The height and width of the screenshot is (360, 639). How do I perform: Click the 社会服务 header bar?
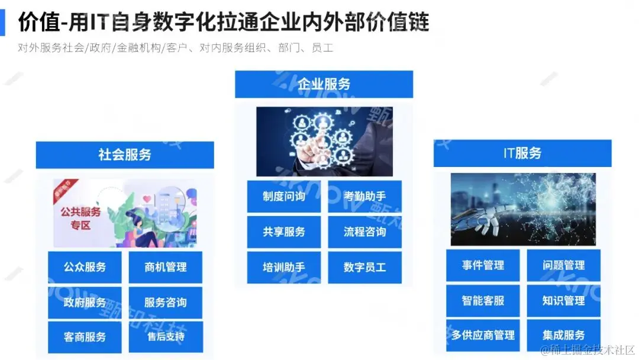click(125, 155)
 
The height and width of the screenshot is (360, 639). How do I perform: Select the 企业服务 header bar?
click(324, 84)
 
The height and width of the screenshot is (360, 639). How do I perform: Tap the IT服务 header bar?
click(522, 153)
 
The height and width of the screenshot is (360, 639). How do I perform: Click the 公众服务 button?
click(85, 268)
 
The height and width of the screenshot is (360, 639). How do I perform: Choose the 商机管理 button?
click(166, 268)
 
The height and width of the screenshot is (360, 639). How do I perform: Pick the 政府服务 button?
click(85, 303)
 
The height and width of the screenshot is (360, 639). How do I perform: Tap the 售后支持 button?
click(166, 337)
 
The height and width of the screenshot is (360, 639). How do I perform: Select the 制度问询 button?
click(284, 197)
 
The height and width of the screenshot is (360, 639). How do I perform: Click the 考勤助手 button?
click(365, 197)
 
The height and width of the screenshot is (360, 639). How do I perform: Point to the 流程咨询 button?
click(365, 232)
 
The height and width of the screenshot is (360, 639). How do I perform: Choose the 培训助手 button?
click(284, 267)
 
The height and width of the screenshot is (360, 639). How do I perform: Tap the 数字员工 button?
click(365, 267)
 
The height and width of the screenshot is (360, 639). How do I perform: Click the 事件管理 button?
click(483, 265)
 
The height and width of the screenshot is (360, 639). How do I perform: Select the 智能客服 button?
click(483, 300)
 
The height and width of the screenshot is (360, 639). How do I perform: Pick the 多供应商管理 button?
click(483, 335)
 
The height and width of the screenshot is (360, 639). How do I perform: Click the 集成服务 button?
click(564, 335)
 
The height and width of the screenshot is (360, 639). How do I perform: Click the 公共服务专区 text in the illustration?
click(78, 218)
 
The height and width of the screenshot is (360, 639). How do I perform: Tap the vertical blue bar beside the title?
click(2, 22)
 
